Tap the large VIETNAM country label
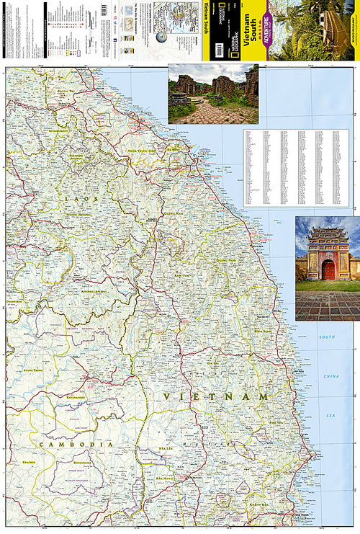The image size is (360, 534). [216, 396]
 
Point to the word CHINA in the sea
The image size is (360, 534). [330, 376]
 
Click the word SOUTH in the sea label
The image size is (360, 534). [328, 337]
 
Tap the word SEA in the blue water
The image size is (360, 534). [330, 415]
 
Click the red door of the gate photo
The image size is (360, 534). [328, 270]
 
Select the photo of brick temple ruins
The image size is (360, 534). [212, 94]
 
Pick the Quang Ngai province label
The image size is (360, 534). [228, 260]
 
